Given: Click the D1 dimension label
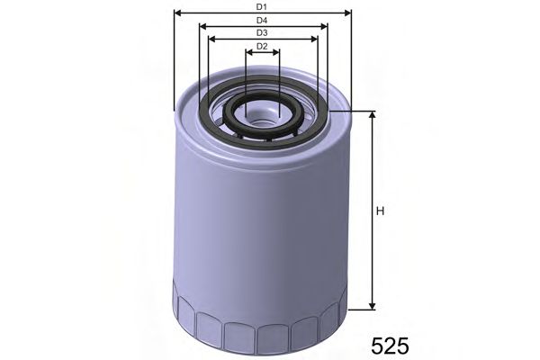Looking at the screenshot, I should (261, 7).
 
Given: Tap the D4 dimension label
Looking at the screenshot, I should (261, 20).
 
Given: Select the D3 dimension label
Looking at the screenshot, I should (262, 32).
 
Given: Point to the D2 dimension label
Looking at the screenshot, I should (262, 46).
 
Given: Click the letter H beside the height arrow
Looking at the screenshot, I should (381, 211).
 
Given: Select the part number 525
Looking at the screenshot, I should (391, 345).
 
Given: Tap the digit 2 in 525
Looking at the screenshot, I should (391, 345).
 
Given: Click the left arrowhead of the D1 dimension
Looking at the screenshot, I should (176, 13).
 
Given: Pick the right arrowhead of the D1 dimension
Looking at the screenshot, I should (346, 13).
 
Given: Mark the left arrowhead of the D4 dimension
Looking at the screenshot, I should (202, 26).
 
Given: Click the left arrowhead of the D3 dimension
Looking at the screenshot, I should (211, 39).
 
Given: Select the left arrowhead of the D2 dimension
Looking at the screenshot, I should (248, 52).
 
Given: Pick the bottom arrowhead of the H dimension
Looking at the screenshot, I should (370, 306).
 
